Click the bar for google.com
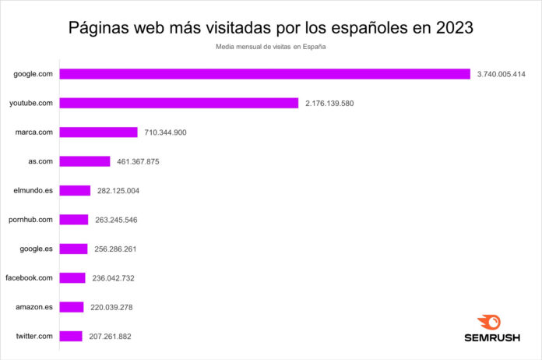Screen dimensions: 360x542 point(265,74)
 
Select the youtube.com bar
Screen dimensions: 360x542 point(179,103)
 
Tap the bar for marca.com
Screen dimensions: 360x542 point(99,132)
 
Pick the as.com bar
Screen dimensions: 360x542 point(85,161)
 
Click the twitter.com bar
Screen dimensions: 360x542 point(71,336)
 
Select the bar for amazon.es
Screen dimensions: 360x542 point(72,307)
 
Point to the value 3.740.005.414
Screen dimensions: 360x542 point(502,74)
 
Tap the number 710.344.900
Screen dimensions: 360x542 point(165,132)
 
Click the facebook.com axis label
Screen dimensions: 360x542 point(29,278)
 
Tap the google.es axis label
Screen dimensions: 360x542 point(36,249)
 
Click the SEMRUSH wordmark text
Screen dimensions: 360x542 point(488,339)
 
